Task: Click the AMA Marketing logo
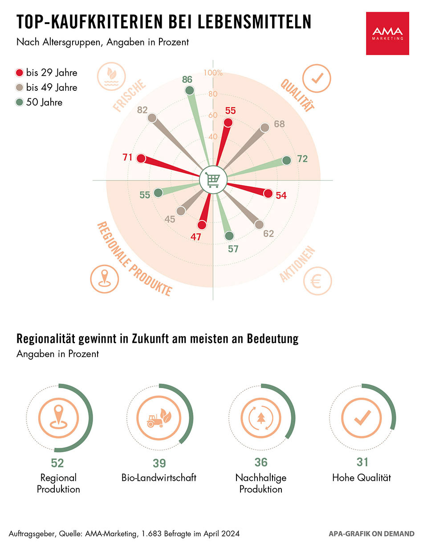(387, 33)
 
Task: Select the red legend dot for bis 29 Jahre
(20, 73)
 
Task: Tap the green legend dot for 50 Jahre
(20, 102)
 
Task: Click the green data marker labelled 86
(190, 91)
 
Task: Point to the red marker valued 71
(141, 158)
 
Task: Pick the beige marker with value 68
(264, 128)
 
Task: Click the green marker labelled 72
(286, 160)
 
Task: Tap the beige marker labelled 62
(259, 224)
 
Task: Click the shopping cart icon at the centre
(213, 180)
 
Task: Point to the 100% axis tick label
(213, 73)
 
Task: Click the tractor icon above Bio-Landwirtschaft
(159, 417)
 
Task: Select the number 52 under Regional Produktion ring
(57, 463)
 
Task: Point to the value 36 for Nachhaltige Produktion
(261, 463)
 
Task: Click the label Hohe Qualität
(362, 478)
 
